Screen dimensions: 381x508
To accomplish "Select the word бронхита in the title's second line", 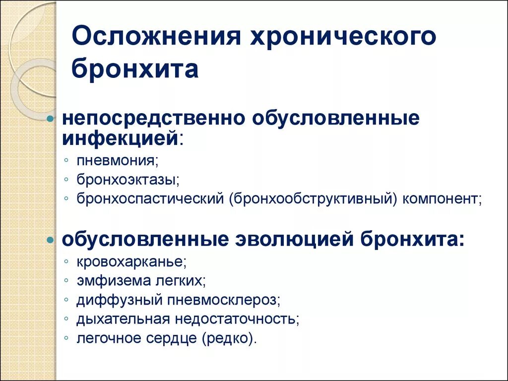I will pos(135,69).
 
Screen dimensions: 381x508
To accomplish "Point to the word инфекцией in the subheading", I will pos(120,137).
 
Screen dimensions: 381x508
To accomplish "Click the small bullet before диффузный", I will pos(66,300).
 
